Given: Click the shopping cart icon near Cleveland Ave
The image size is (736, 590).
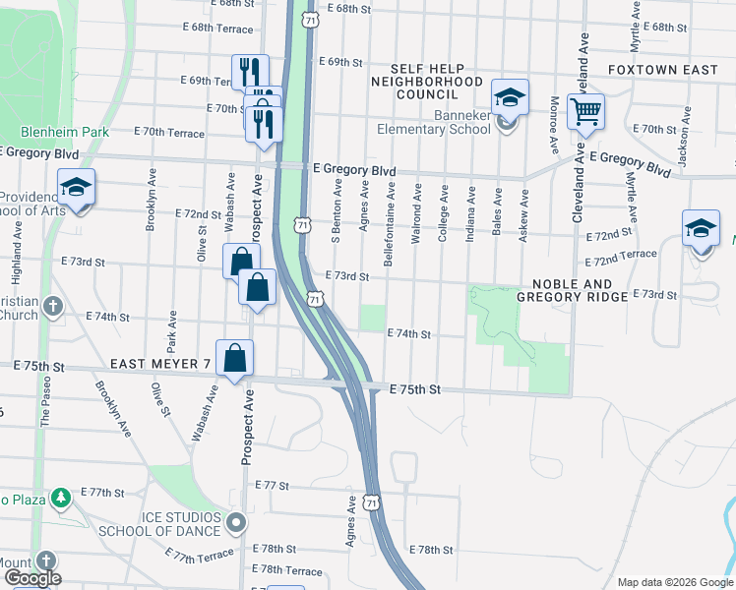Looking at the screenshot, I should pos(585,114).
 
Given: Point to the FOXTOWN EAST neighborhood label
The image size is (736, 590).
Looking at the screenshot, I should pos(663,70).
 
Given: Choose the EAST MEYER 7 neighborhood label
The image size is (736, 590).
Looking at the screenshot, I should pos(160,364).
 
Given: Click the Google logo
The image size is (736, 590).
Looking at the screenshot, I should pos(32,578).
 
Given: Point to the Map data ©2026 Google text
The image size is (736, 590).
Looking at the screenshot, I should pos(674,582).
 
